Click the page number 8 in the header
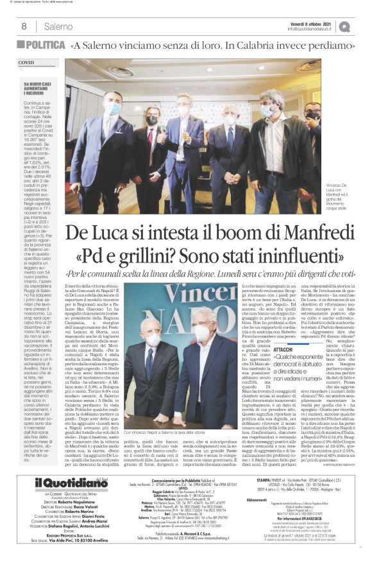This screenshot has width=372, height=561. click(x=24, y=26)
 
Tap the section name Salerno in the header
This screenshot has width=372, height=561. click(x=58, y=26)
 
